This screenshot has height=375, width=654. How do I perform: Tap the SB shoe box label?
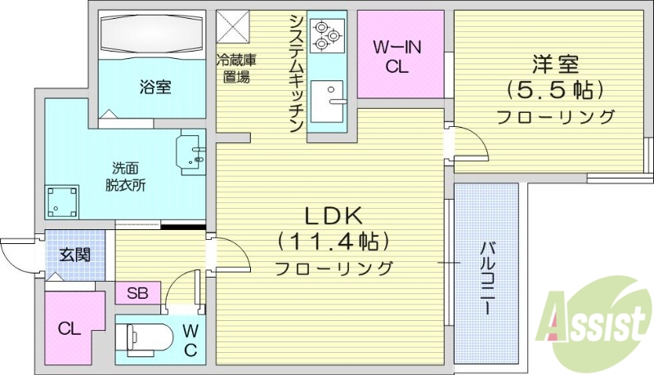(137, 293)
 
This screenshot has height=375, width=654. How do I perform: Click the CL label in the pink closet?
(69, 329)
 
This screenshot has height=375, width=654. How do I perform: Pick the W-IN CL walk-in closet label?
(396, 57)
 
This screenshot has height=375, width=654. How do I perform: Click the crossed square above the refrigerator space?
(235, 25)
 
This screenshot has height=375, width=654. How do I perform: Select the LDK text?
(334, 215)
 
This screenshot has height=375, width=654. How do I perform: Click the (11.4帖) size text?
(333, 242)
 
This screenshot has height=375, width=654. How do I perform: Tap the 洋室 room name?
(556, 62)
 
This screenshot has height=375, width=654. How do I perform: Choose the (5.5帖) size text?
(556, 88)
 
